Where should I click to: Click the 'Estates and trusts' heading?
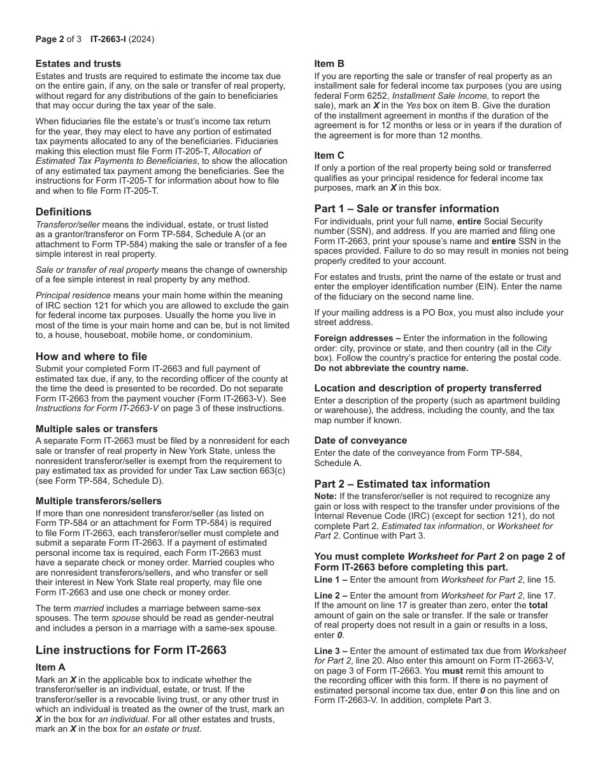click(78, 64)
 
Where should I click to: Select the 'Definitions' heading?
click(64, 212)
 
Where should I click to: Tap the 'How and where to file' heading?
click(91, 356)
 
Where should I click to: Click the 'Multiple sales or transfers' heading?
click(97, 429)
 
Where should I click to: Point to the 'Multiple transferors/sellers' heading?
click(99, 501)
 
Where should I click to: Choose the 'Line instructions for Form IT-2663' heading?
click(131, 650)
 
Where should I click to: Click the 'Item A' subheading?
click(50, 667)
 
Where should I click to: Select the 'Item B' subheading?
click(329, 64)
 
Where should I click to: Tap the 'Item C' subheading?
click(329, 156)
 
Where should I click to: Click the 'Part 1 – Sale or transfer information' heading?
click(406, 208)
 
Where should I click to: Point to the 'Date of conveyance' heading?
click(360, 440)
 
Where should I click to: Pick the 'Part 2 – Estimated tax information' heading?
click(402, 484)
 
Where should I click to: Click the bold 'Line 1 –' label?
click(331, 579)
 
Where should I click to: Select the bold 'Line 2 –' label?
click(331, 595)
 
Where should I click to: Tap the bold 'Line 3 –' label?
click(331, 651)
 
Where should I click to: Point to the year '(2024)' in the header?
click(141, 40)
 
